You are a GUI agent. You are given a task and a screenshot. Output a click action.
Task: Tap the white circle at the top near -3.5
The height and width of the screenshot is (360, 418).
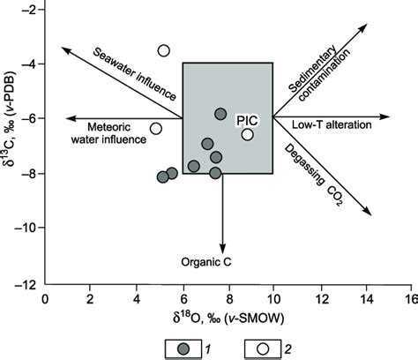(x=164, y=51)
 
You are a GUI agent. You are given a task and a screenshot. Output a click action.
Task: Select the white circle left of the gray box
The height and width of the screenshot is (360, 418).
(x=155, y=129)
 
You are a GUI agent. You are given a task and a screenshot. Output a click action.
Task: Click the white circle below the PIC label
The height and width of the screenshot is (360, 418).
(x=248, y=134)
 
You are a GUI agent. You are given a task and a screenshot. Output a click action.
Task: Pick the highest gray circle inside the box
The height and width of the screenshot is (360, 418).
(x=220, y=114)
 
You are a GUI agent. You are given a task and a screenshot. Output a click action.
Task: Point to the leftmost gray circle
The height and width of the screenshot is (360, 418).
(x=162, y=177)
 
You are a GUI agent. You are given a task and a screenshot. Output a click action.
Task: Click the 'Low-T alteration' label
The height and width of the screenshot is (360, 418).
(x=328, y=125)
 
